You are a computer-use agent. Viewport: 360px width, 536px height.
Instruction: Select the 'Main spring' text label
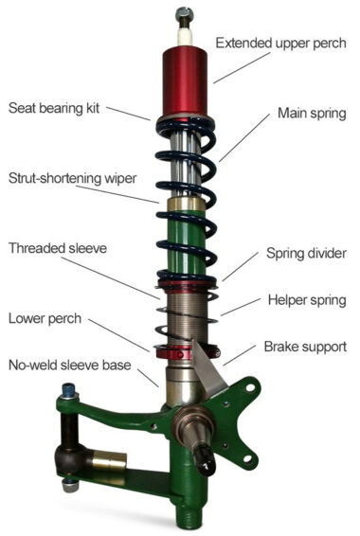click(x=311, y=113)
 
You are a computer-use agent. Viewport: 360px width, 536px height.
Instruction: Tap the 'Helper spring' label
click(x=303, y=300)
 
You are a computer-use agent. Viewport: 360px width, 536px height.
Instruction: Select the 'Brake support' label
click(x=304, y=347)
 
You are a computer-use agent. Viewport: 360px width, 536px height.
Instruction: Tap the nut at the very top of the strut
click(x=182, y=16)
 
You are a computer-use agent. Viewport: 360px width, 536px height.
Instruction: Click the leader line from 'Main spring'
click(x=242, y=142)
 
